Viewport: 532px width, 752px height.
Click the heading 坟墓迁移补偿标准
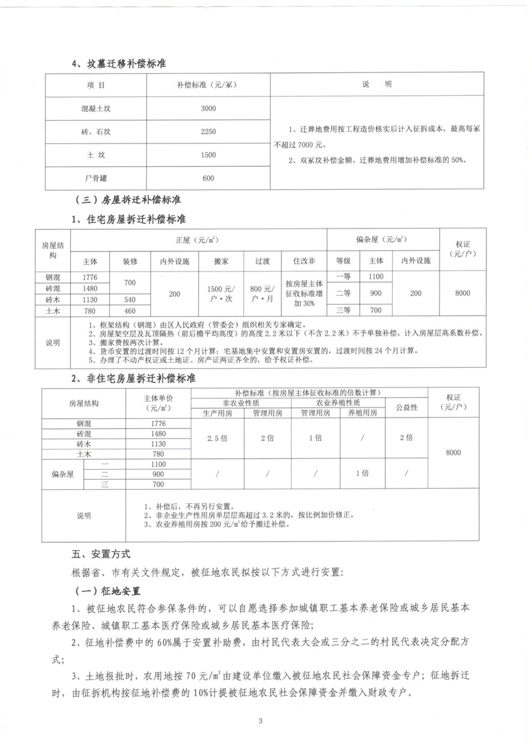click(119, 64)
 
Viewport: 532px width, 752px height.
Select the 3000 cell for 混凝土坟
click(208, 108)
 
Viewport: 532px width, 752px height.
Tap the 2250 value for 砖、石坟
click(208, 131)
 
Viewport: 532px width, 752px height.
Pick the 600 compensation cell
click(208, 178)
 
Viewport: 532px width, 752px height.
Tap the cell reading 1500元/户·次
click(220, 293)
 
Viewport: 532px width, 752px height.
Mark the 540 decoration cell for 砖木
click(129, 300)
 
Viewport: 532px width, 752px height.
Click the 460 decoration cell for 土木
click(129, 311)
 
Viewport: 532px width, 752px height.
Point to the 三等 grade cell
click(343, 310)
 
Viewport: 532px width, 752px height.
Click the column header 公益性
click(406, 407)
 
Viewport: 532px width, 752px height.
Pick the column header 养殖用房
click(362, 414)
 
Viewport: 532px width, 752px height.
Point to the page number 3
click(266, 720)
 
